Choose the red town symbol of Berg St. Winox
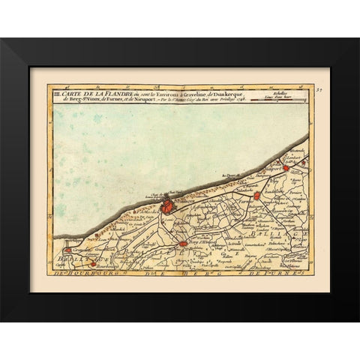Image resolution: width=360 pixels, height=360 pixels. coord(181,244)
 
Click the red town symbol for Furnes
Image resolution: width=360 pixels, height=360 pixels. coord(256,196)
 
